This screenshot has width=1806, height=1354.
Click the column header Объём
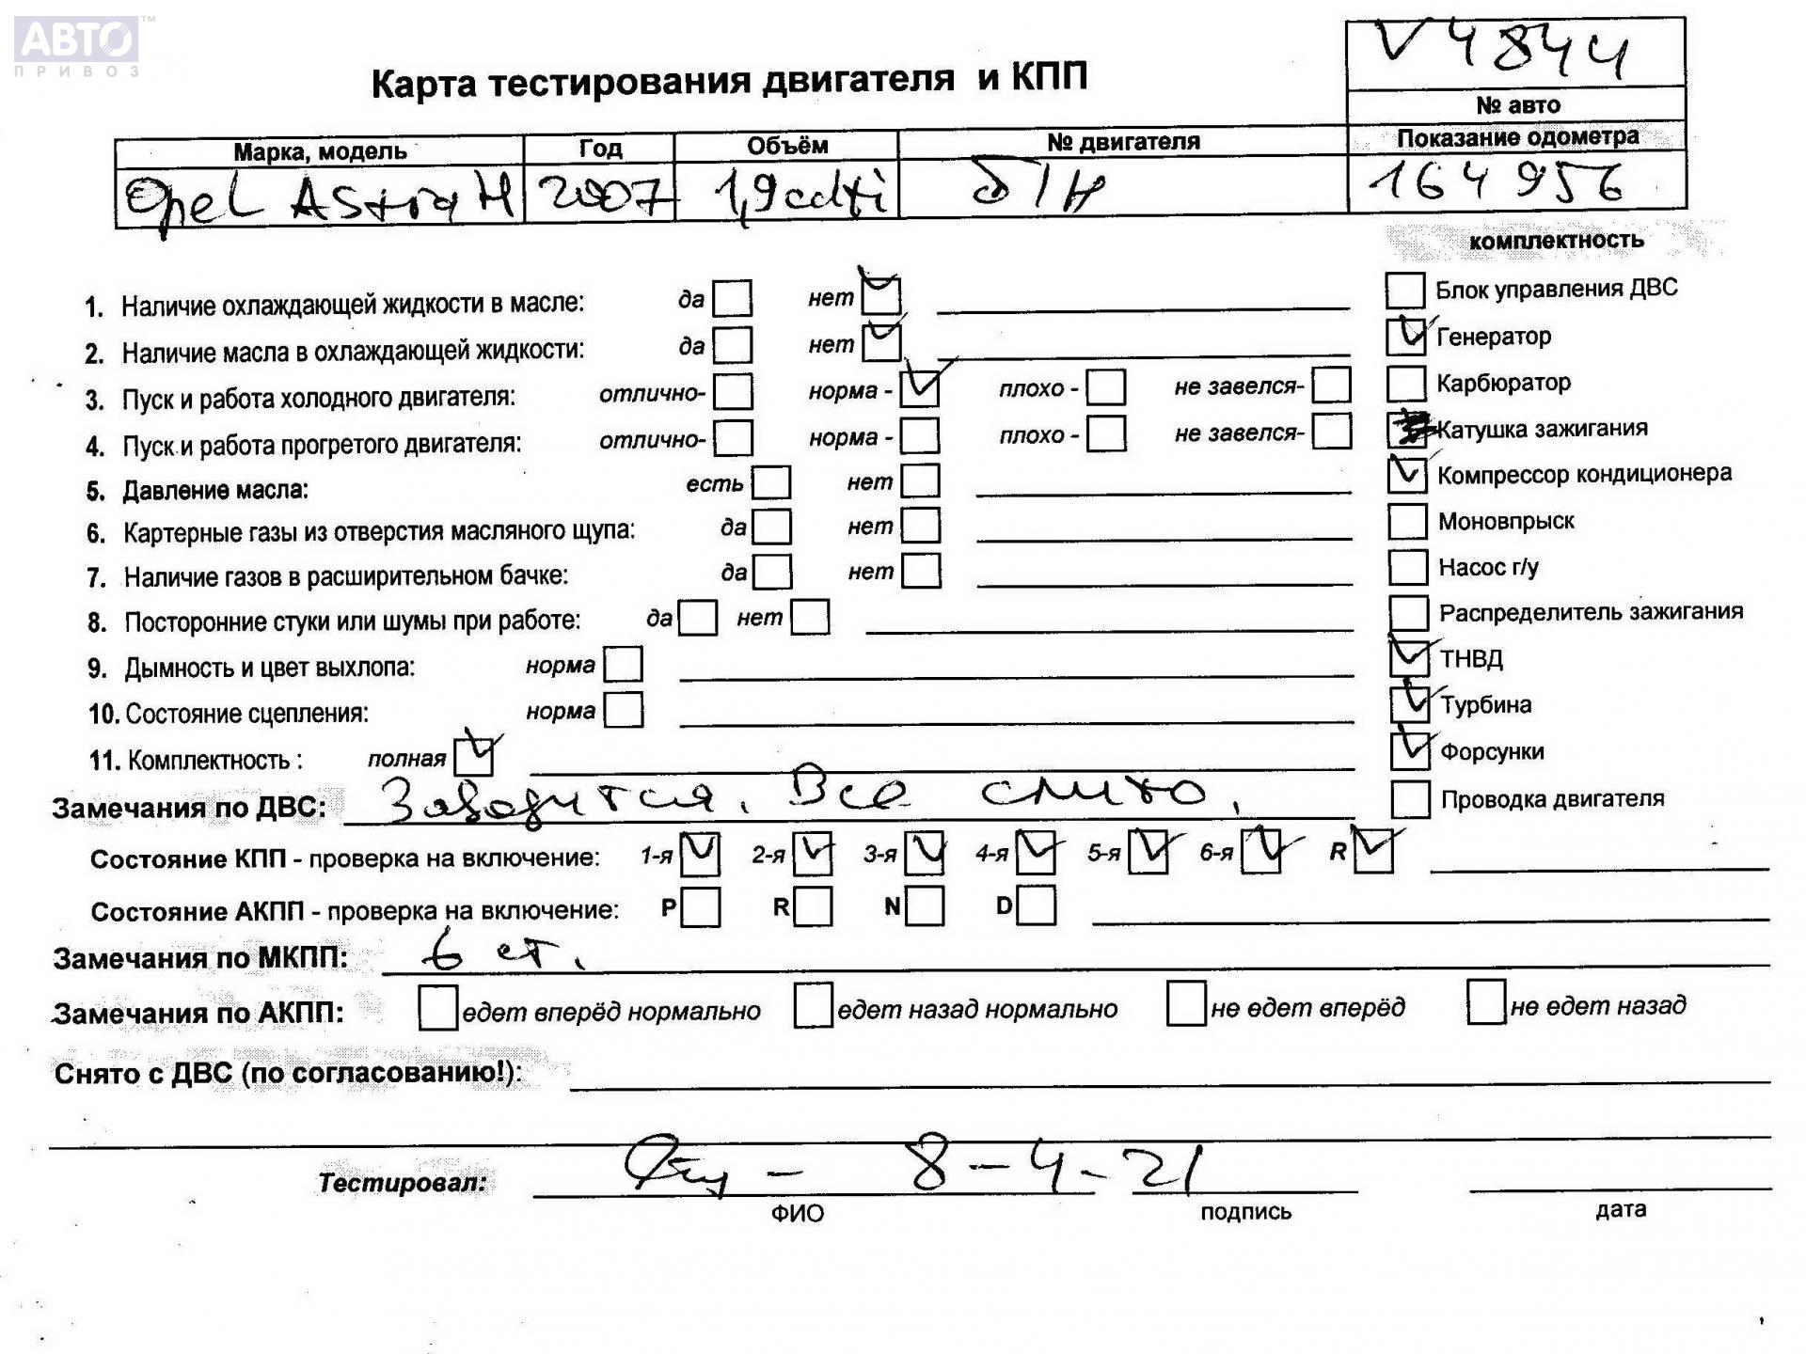(x=786, y=146)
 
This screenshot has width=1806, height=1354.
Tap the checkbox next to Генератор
(x=1405, y=336)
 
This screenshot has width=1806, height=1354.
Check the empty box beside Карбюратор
(x=1405, y=383)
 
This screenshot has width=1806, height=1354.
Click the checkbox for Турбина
(x=1409, y=703)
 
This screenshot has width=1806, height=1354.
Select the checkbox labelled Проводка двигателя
(x=1409, y=799)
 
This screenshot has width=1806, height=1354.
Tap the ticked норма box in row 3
(x=919, y=388)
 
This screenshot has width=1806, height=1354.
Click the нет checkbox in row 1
(x=881, y=296)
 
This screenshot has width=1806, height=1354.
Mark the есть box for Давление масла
(x=771, y=482)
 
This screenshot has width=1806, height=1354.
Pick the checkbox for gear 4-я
(x=1035, y=853)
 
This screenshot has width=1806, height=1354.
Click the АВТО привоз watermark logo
(x=77, y=43)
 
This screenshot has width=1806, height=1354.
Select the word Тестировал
(x=403, y=1182)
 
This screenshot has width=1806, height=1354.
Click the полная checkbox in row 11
(x=472, y=756)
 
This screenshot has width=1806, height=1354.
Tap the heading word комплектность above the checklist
(x=1556, y=241)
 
